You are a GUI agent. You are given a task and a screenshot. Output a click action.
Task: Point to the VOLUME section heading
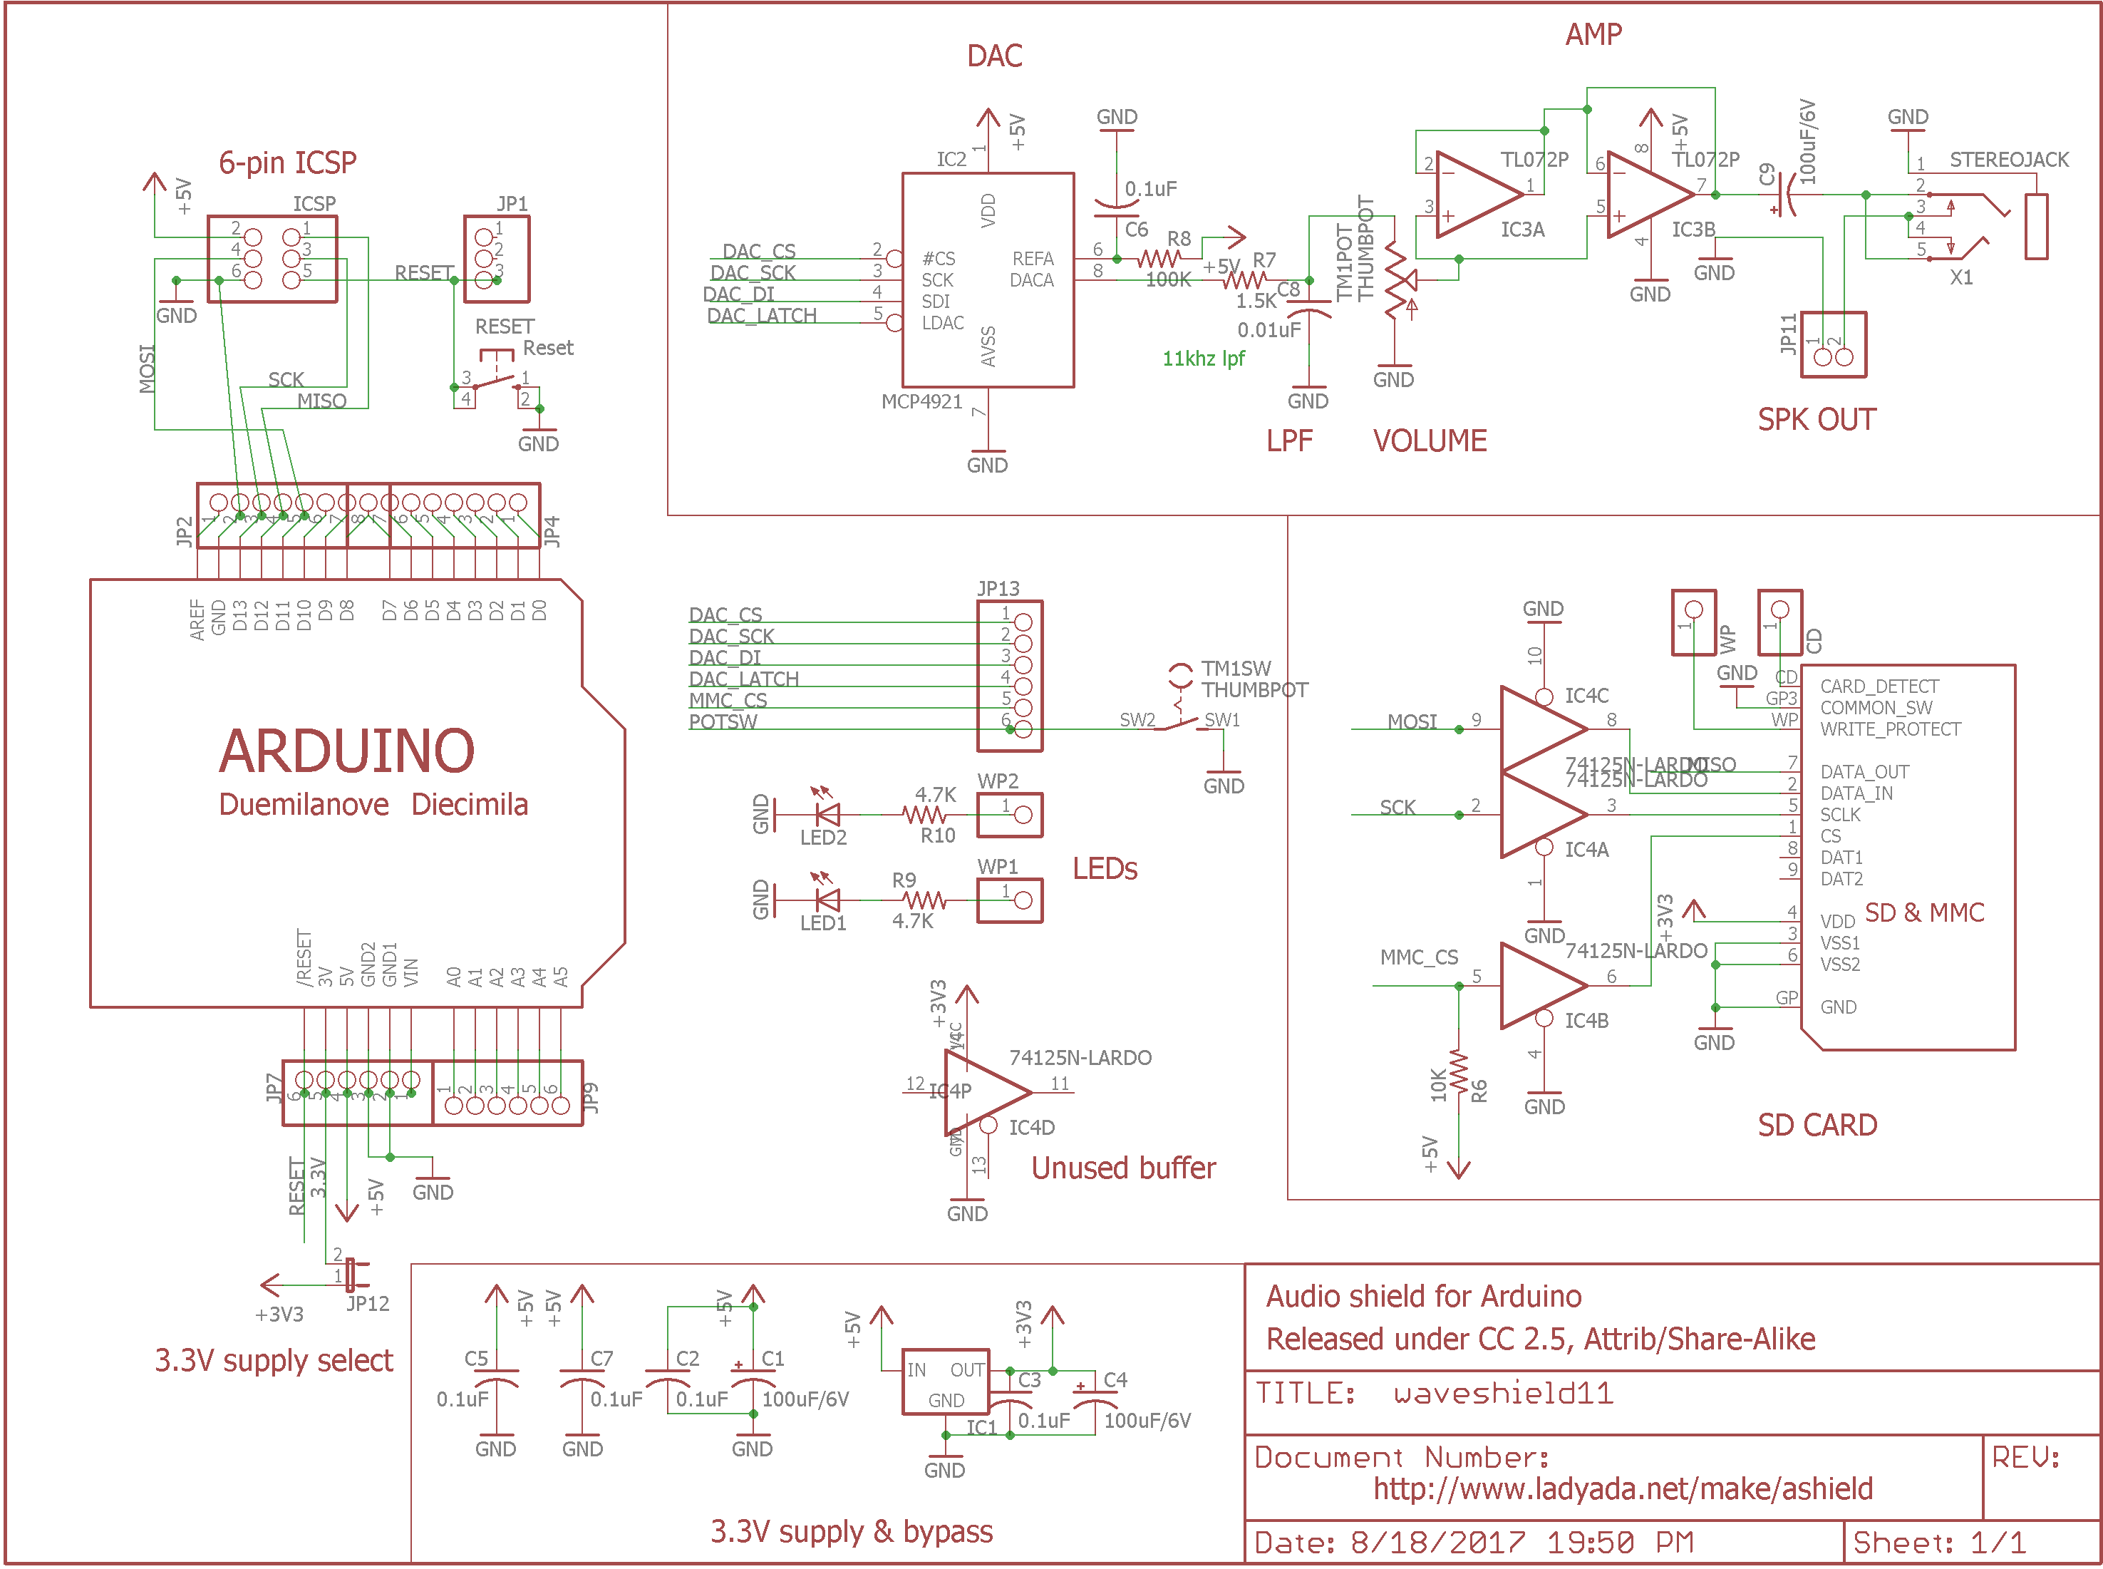click(1429, 441)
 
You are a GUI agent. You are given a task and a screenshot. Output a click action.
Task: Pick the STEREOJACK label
click(2008, 160)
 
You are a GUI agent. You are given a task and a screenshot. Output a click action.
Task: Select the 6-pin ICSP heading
click(288, 163)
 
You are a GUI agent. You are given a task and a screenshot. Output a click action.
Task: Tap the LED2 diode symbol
click(827, 814)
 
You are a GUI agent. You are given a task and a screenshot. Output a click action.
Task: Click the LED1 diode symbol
click(827, 900)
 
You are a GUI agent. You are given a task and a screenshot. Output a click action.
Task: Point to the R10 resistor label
click(937, 835)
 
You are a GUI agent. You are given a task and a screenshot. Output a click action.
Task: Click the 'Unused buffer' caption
click(1122, 1167)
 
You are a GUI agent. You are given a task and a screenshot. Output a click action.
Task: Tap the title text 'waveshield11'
click(1503, 1394)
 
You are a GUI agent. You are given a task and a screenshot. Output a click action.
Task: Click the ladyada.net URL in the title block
click(1622, 1488)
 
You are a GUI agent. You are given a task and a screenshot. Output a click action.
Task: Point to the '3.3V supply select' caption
click(274, 1360)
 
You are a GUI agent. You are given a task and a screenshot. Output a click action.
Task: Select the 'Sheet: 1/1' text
click(1939, 1543)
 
